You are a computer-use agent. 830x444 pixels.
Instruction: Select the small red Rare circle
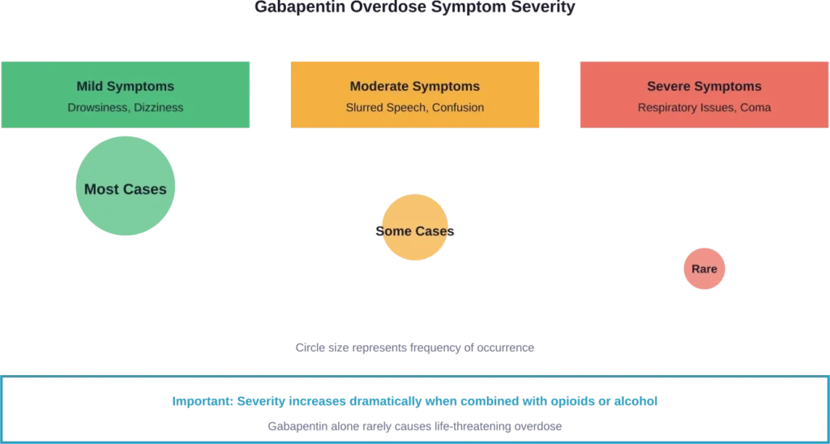coord(704,269)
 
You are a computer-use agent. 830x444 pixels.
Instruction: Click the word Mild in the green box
coord(91,86)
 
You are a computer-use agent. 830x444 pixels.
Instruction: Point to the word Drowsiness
coord(95,107)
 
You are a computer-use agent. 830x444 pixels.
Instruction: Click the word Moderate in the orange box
coord(379,86)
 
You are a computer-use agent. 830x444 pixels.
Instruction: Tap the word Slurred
coord(365,107)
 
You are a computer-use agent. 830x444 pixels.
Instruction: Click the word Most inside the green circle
coord(102,189)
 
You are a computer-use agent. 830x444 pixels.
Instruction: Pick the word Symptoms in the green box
coord(141,86)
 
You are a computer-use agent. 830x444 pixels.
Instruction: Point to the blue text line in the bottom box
coord(414,401)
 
